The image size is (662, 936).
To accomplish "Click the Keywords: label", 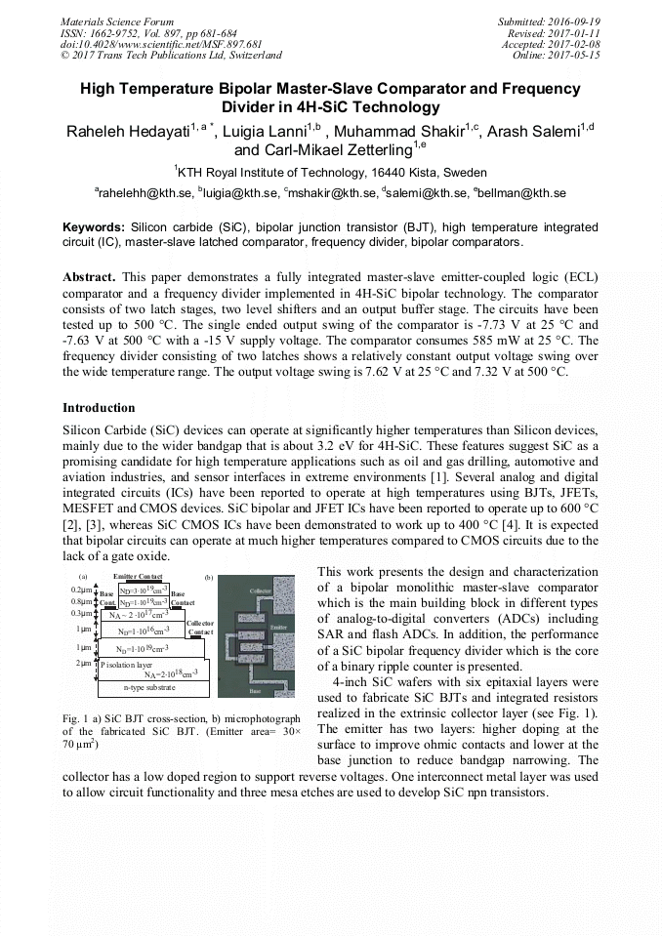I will pyautogui.click(x=94, y=226).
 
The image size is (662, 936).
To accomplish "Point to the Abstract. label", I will pyautogui.click(x=90, y=277).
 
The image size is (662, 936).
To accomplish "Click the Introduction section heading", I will pyautogui.click(x=99, y=408).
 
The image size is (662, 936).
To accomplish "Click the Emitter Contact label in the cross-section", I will pyautogui.click(x=138, y=577).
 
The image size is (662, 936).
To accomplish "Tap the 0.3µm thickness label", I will pyautogui.click(x=82, y=613).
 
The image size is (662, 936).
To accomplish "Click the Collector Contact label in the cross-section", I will pyautogui.click(x=200, y=627).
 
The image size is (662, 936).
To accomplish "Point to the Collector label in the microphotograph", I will pyautogui.click(x=260, y=591).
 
